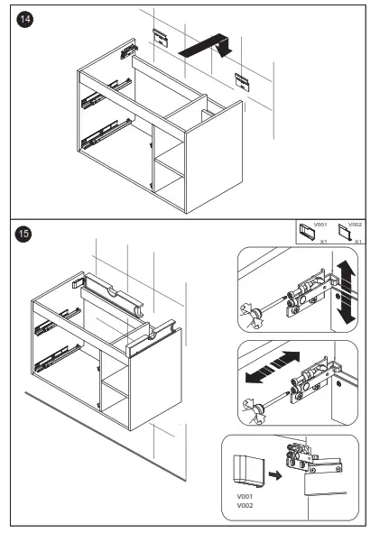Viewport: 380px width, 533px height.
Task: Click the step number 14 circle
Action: point(25,19)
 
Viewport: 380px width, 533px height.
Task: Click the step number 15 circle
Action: point(23,234)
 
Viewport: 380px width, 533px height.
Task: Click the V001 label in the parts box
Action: point(320,225)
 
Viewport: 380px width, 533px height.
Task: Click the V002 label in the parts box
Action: point(355,225)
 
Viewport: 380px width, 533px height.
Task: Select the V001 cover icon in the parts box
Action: point(307,231)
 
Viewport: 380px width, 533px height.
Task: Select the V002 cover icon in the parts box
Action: point(345,232)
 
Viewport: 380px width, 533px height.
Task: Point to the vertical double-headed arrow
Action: point(347,292)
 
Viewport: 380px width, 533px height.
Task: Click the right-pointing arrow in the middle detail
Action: point(286,359)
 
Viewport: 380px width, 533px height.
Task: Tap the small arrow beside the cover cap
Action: point(275,474)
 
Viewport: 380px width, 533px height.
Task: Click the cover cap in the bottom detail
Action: point(248,470)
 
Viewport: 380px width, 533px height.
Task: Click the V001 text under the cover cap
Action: point(245,497)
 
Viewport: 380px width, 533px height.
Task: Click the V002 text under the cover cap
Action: point(245,505)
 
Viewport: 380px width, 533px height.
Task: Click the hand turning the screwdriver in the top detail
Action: point(253,315)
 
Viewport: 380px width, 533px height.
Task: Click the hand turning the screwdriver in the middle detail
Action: point(254,410)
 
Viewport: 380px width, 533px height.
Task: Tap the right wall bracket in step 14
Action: point(242,82)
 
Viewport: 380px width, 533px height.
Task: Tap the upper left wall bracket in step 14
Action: point(161,37)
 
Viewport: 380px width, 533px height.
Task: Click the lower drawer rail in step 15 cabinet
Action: point(58,357)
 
